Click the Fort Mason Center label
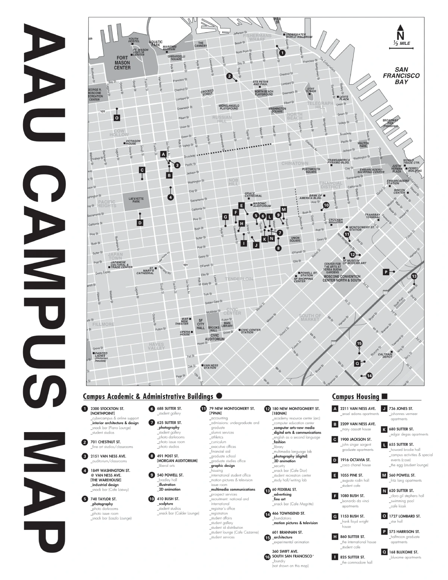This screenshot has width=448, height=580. pos(122,63)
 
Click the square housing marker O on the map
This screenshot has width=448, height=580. pos(117,118)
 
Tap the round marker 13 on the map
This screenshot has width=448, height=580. pos(414,276)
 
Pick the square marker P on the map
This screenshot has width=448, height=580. pos(386,272)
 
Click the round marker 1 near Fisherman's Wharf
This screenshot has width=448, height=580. pos(282,53)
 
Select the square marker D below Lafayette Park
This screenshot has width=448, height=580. pos(140,223)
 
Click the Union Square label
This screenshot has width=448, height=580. pos(295,239)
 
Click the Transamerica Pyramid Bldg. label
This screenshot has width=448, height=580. pos(339,161)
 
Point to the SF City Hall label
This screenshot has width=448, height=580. pos(200,323)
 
